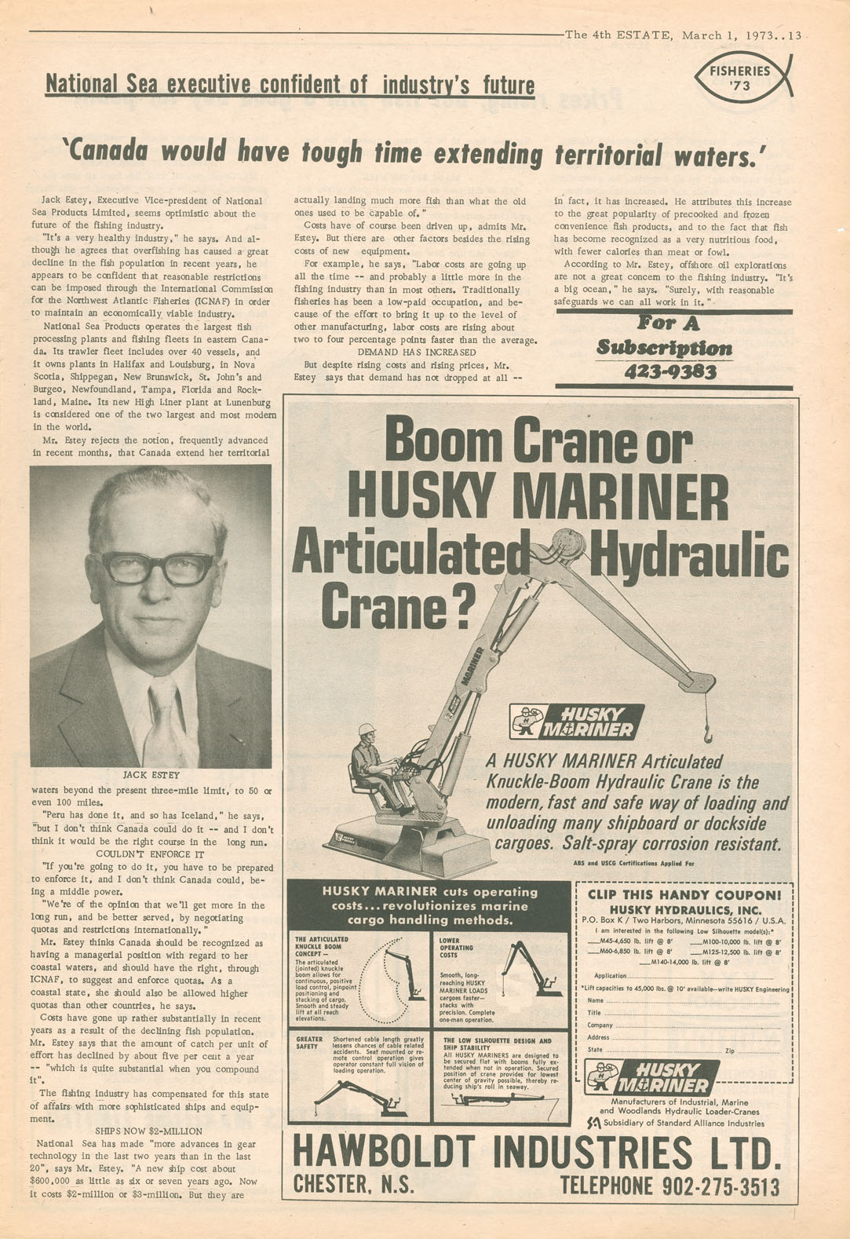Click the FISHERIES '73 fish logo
(742, 78)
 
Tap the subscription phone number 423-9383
(671, 371)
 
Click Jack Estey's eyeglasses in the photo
(158, 568)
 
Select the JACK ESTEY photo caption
(151, 775)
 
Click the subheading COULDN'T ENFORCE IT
(150, 854)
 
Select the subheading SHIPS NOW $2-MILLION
(142, 1131)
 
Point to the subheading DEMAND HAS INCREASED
(416, 353)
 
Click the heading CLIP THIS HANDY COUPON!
(684, 894)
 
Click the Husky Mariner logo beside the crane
(576, 722)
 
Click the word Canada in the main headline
(118, 152)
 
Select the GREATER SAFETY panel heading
(308, 1043)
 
